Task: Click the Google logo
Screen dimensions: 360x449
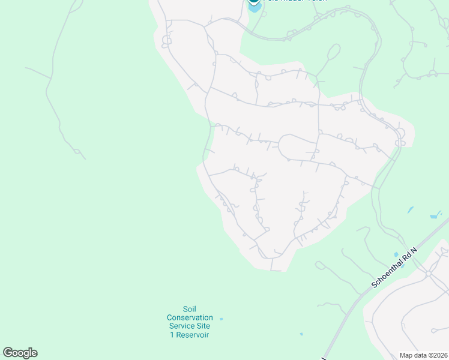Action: (20, 353)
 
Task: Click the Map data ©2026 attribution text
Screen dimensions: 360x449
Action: (423, 355)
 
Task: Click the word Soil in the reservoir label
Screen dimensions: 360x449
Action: (190, 309)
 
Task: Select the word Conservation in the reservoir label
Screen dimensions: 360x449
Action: (190, 317)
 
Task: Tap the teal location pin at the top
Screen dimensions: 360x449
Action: (254, 2)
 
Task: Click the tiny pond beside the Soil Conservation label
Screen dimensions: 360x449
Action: (221, 319)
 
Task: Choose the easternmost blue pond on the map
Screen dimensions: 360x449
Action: (434, 216)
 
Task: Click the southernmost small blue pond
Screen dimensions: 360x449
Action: (301, 334)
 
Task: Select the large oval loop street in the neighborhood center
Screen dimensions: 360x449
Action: (297, 147)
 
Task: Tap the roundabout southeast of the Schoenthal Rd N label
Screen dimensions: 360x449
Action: (429, 273)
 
